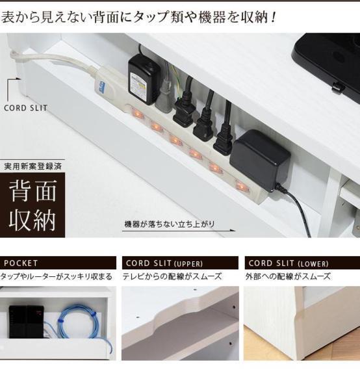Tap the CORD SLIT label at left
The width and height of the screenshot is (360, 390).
(25, 108)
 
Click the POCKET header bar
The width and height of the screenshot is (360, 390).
(58, 263)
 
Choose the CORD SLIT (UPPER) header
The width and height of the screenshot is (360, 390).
(180, 263)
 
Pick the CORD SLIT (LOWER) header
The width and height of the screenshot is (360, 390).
(302, 263)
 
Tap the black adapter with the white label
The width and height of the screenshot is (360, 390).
(142, 79)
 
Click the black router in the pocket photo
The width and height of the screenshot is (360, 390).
(26, 321)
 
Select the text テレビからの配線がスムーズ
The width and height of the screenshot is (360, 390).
(172, 277)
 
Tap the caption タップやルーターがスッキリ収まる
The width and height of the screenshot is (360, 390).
(57, 277)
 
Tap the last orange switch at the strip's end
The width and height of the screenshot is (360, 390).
(242, 187)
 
